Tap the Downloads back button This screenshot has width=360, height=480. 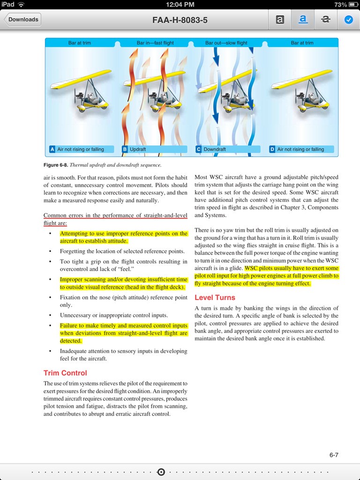pyautogui.click(x=22, y=20)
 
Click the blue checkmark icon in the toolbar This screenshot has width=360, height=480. pyautogui.click(x=348, y=20)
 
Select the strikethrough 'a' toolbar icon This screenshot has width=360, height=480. pyautogui.click(x=326, y=20)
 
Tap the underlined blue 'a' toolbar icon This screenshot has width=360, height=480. pyautogui.click(x=303, y=20)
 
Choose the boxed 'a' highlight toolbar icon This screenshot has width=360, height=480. pyautogui.click(x=280, y=20)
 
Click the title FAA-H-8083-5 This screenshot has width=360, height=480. pyautogui.click(x=180, y=20)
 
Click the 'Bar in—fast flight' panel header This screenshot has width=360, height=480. pyautogui.click(x=155, y=43)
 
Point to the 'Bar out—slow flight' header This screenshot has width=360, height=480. pyautogui.click(x=226, y=43)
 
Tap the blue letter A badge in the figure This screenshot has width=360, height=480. pyautogui.click(x=52, y=150)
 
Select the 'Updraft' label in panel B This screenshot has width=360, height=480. pyautogui.click(x=138, y=150)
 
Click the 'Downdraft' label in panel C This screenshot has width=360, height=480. pyautogui.click(x=215, y=150)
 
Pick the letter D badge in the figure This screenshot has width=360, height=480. pyautogui.click(x=272, y=150)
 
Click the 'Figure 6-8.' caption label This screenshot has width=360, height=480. pyautogui.click(x=56, y=165)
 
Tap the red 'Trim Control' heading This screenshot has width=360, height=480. pyautogui.click(x=65, y=373)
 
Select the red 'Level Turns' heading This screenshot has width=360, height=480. pyautogui.click(x=215, y=298)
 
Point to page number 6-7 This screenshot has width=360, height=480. pyautogui.click(x=334, y=455)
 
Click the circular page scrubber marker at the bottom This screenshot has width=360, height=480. pyautogui.click(x=161, y=472)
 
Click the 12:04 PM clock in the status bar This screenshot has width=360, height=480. pyautogui.click(x=180, y=4)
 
